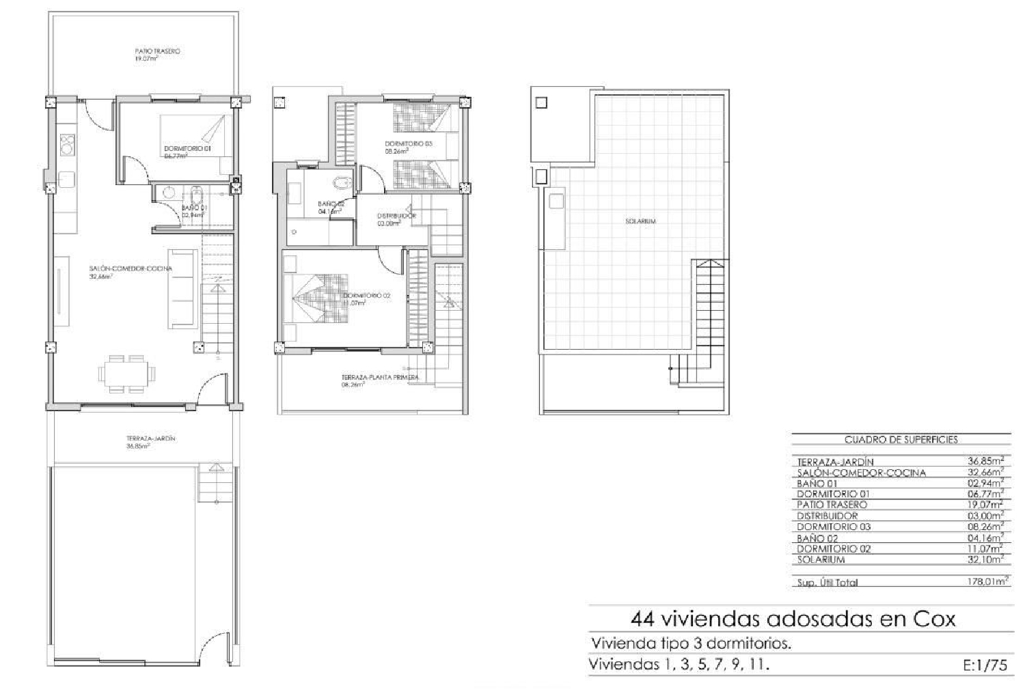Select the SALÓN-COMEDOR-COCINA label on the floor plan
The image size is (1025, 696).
click(x=131, y=269)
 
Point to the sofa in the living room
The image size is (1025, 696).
click(x=182, y=289)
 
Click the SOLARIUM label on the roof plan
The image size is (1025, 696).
click(x=640, y=221)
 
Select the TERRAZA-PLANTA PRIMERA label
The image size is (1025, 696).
click(x=379, y=378)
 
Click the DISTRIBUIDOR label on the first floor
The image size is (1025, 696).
click(x=396, y=217)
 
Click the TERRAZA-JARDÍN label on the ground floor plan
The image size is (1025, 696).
click(x=150, y=439)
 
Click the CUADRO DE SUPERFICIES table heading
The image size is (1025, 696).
click(x=901, y=441)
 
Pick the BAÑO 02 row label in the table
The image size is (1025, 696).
click(x=817, y=538)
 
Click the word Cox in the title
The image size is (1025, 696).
click(x=933, y=620)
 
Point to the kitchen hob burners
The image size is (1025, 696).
click(x=68, y=144)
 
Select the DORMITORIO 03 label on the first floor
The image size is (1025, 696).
click(x=408, y=144)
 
